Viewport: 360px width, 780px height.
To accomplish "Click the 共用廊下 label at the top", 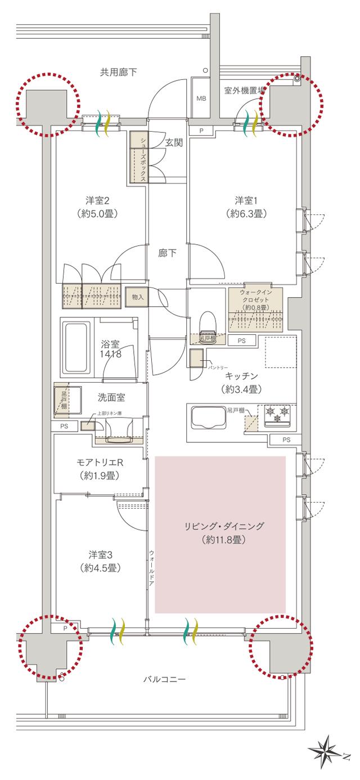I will click(119, 71).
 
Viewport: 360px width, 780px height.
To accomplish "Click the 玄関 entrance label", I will click(174, 142).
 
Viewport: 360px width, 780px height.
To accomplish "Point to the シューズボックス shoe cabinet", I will click(138, 157).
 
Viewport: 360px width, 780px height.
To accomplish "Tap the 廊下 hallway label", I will click(168, 253).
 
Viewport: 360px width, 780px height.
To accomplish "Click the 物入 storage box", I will click(137, 297).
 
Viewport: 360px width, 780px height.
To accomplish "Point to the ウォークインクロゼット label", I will click(256, 299).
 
